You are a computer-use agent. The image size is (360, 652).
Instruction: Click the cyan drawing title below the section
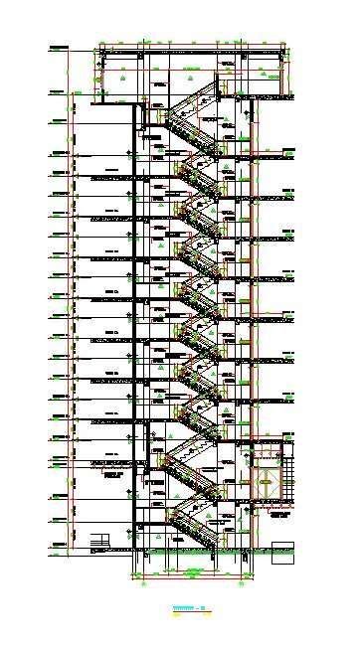tap(184, 605)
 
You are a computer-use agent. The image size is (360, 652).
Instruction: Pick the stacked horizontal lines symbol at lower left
tap(97, 544)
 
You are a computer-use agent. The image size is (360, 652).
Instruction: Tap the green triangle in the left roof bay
tap(119, 76)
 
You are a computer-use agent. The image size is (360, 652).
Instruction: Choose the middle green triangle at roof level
tap(188, 76)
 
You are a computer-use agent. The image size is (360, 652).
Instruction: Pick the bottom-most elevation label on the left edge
tap(54, 545)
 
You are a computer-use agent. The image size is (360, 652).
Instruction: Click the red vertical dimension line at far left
tap(68, 298)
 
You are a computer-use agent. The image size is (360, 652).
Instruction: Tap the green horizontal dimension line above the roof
tap(189, 43)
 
